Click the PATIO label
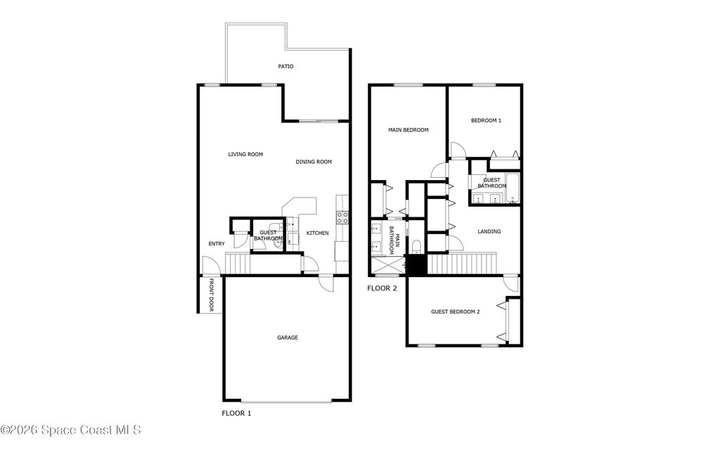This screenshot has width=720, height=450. pos(285,67)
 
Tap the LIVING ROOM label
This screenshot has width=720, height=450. pos(245,154)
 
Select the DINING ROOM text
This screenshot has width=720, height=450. pos(314,162)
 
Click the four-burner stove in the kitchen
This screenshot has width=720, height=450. pos(342,218)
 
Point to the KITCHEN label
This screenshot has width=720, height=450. pos(317,233)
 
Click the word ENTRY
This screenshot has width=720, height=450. pos(217,244)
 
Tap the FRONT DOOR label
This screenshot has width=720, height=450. pos(212,295)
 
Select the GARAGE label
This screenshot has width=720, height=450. pos(288,337)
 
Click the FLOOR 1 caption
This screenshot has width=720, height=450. pos(236,413)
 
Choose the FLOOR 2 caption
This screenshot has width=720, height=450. pos(382,288)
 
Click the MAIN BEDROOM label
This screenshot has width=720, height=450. pos(409,130)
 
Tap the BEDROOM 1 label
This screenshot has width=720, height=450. pos(487,120)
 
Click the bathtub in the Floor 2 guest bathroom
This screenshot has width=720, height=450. pos(513,188)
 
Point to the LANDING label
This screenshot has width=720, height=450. pos(489,231)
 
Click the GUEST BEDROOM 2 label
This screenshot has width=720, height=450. pos(456,311)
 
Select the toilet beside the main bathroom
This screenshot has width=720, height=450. pos(416,247)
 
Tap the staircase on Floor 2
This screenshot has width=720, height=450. pos(462,264)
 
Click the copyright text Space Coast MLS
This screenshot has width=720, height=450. pos(71,430)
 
